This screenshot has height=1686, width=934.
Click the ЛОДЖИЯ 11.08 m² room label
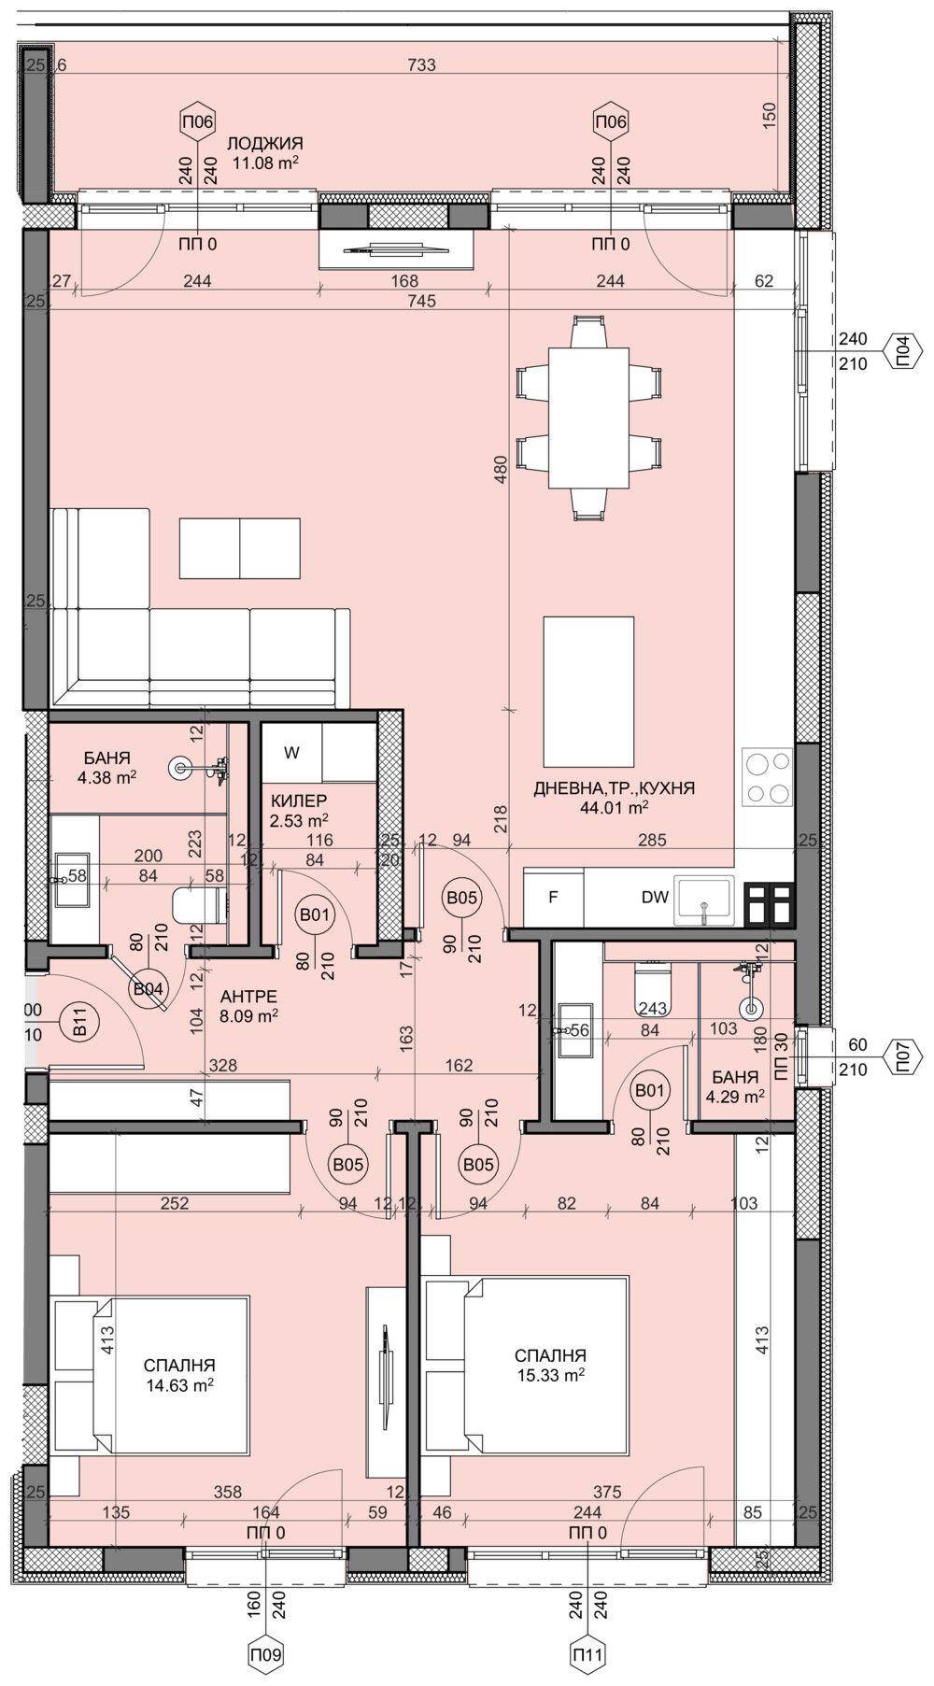(264, 152)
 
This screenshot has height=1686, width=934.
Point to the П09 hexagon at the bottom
(266, 1654)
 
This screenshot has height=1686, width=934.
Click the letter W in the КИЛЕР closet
(291, 753)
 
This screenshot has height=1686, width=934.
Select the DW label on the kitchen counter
(655, 897)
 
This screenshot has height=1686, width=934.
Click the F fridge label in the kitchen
(553, 897)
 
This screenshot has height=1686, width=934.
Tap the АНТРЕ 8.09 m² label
(240, 1007)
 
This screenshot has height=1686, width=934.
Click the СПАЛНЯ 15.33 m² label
(550, 1364)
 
